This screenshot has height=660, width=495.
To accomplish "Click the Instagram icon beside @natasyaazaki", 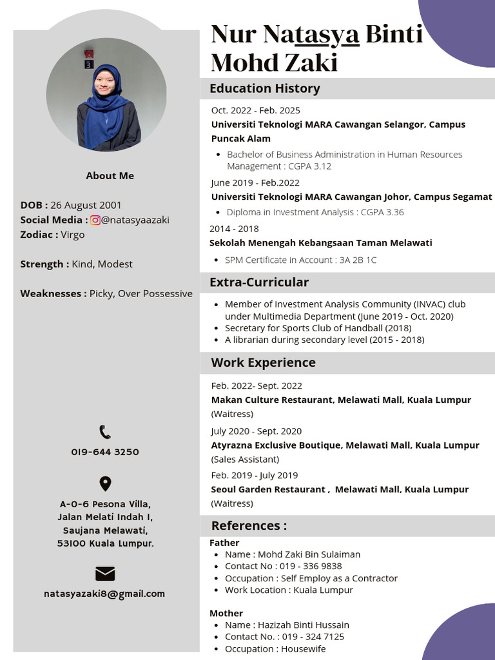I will pyautogui.click(x=95, y=220).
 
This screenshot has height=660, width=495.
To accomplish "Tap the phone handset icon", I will pyautogui.click(x=105, y=432).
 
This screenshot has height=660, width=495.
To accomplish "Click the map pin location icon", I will pyautogui.click(x=105, y=483).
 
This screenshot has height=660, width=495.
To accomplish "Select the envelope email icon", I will pyautogui.click(x=105, y=574).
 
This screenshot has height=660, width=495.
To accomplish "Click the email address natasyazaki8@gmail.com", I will pyautogui.click(x=104, y=594).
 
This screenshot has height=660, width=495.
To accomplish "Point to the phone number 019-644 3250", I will pyautogui.click(x=105, y=452).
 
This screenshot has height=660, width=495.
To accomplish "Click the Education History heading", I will pyautogui.click(x=264, y=88).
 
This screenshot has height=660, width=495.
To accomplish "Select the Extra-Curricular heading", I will pyautogui.click(x=259, y=282).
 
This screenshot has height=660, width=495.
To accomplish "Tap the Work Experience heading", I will pyautogui.click(x=263, y=362).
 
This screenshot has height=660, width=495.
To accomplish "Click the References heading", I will pyautogui.click(x=249, y=525).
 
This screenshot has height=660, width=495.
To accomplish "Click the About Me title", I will pyautogui.click(x=110, y=175).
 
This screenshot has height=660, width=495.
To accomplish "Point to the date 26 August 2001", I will pyautogui.click(x=86, y=205).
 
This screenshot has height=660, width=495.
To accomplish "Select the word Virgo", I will pyautogui.click(x=73, y=235).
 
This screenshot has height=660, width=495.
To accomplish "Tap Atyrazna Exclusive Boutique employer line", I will pyautogui.click(x=345, y=445).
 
